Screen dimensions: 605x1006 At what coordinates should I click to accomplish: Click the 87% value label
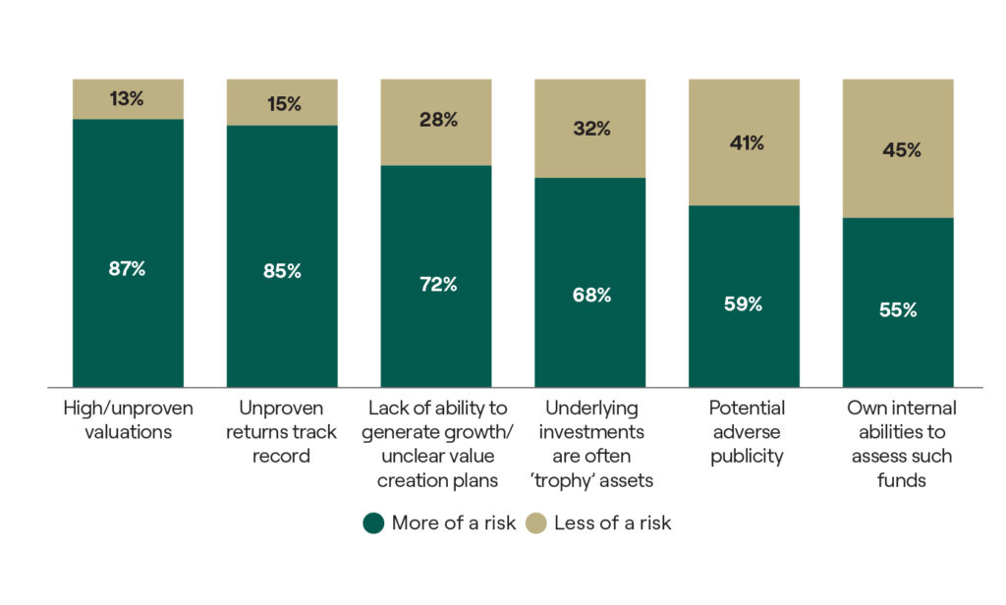tap(128, 268)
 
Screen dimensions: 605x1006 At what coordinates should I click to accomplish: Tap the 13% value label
tap(128, 97)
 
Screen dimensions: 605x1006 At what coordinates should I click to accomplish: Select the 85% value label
tap(282, 272)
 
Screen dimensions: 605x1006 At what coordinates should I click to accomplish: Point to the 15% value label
tap(282, 103)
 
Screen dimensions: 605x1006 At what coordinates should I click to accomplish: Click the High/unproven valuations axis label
tap(128, 419)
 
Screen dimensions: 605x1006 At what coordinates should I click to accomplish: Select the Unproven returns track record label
tap(282, 431)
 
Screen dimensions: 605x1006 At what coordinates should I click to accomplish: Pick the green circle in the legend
tap(373, 522)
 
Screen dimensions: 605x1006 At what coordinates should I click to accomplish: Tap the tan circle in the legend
tap(535, 522)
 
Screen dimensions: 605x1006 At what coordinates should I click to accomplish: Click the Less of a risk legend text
tap(612, 522)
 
